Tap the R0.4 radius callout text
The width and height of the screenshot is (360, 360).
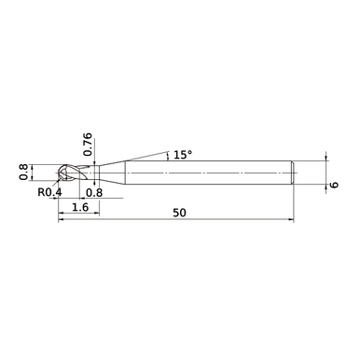tap(49, 193)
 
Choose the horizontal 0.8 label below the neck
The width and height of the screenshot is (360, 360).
tap(93, 193)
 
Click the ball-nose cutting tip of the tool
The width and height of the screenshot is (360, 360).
tap(63, 173)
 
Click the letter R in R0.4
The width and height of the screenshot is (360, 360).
tap(41, 193)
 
